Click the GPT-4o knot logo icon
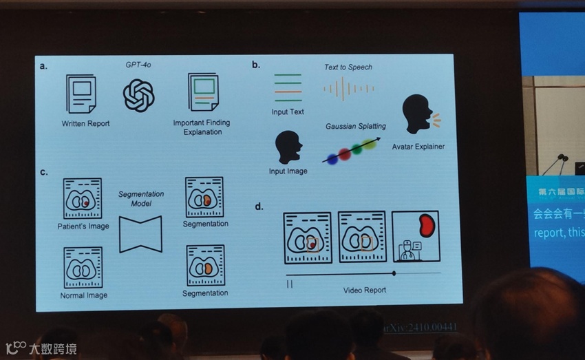[138, 95]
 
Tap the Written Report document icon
[81, 94]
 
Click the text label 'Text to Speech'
[348, 67]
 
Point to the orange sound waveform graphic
[349, 89]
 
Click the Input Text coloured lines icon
[288, 87]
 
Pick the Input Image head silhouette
[288, 147]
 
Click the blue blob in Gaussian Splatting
[332, 159]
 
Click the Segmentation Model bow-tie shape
[140, 234]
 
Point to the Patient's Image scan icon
[83, 199]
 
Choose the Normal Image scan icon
[83, 268]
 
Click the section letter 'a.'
[44, 66]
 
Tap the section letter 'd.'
[259, 206]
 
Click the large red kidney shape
[424, 226]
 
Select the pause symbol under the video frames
[290, 283]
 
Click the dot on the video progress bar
[394, 273]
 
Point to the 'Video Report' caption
[364, 290]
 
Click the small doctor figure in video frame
[407, 250]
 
